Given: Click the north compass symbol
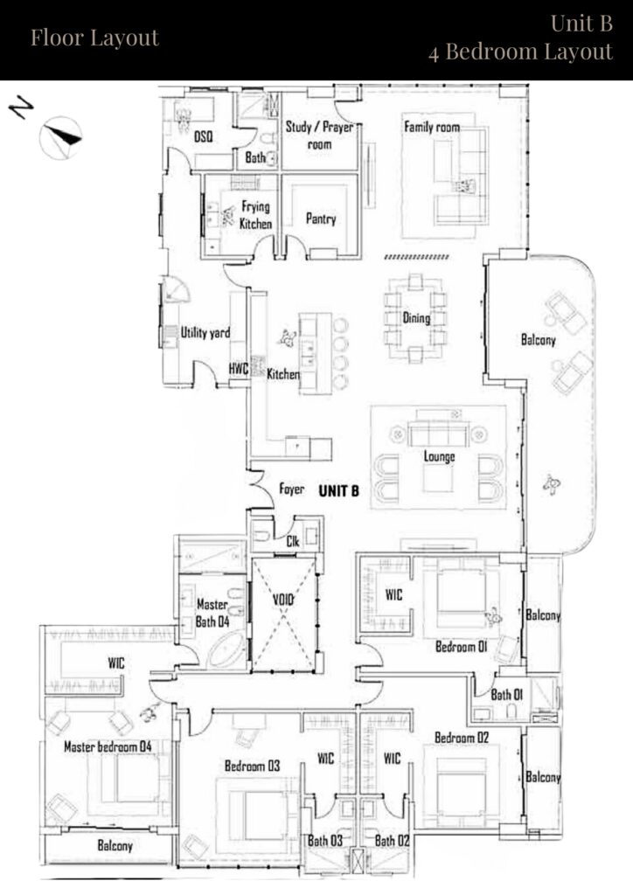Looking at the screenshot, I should point(59,135).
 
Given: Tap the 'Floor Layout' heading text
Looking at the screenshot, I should point(94,38).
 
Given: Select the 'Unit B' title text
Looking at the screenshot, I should point(581,24).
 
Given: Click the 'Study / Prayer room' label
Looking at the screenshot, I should point(320,135).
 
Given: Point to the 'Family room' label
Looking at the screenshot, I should point(431,128).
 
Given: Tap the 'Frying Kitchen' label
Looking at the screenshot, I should point(256,215).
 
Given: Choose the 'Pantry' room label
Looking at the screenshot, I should point(321,219).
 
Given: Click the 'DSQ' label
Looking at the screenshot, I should point(203,138).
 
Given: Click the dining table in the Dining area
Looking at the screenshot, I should point(415,318).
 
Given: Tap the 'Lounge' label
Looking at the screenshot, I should point(438,456).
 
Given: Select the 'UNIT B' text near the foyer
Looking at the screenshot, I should point(338,491).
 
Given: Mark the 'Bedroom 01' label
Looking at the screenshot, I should point(460,648).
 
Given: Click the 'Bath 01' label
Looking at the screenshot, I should point(506,696).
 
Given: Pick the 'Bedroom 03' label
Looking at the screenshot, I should point(252,766).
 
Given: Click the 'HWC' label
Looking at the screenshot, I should point(239,369).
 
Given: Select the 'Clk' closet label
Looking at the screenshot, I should point(293,542).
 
